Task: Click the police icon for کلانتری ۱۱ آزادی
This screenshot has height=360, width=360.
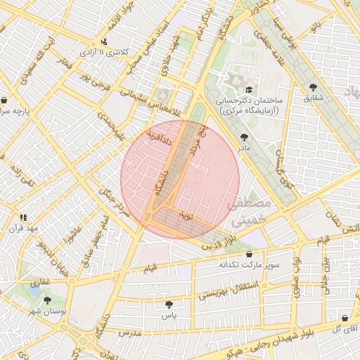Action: pos(104,41)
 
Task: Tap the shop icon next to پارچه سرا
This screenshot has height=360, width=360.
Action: pos(5,100)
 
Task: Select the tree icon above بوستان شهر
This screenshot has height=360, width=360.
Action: pos(47,300)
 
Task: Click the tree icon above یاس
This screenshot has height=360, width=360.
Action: pos(169,304)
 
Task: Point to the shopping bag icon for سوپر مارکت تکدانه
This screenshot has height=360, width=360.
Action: pos(249,255)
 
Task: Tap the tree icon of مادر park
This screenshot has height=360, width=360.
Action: pos(244,138)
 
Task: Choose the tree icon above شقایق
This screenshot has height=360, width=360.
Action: pos(313,87)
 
